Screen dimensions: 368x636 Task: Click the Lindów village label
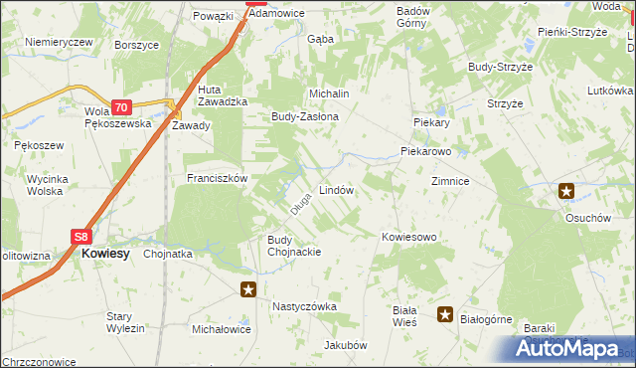(x=336, y=189)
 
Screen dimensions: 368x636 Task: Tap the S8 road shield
(x=82, y=237)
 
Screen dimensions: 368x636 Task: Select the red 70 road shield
(x=120, y=107)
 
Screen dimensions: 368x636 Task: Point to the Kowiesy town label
(x=105, y=254)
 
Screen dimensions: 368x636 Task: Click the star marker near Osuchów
(x=566, y=191)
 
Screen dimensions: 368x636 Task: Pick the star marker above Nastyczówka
(x=248, y=290)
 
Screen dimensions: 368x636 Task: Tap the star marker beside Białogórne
(x=446, y=316)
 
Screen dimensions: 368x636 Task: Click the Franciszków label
(x=217, y=178)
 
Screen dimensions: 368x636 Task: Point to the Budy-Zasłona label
(x=305, y=116)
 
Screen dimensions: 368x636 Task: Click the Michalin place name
(x=330, y=92)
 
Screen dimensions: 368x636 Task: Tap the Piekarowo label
(x=426, y=152)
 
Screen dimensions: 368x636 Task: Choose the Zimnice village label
(x=450, y=183)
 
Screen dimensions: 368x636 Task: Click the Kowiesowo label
(x=409, y=237)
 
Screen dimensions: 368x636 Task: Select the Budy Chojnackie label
(x=293, y=246)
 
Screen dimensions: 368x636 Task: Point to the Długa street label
(x=301, y=203)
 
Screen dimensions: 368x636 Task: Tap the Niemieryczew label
(x=59, y=42)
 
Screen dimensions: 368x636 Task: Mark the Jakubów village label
(x=345, y=345)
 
